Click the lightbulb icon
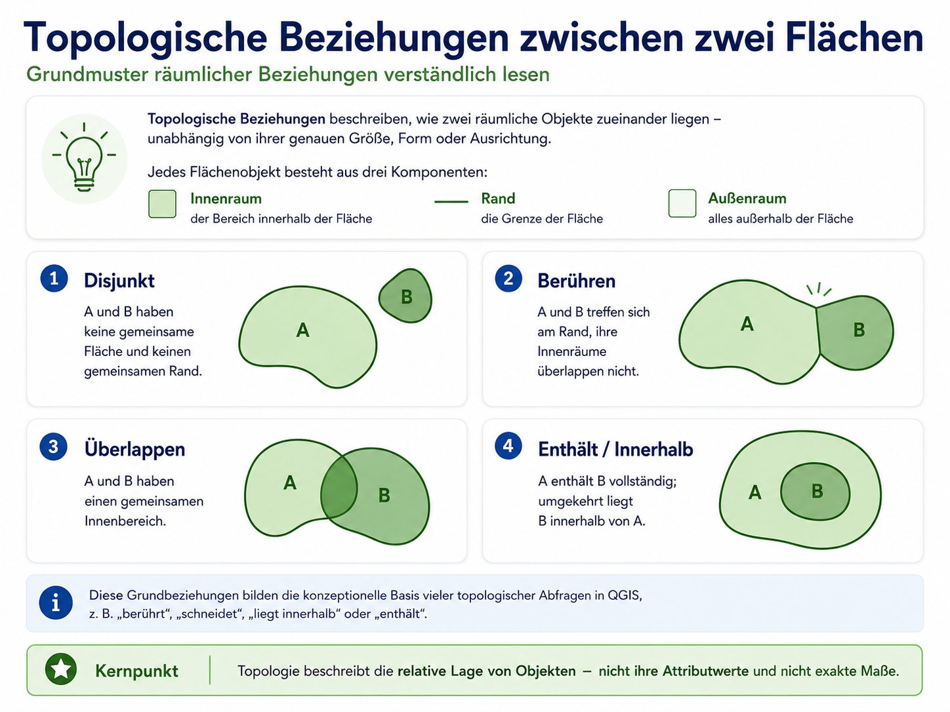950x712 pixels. click(84, 158)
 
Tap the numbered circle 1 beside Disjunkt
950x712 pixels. click(54, 279)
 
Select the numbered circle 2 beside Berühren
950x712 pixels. click(508, 279)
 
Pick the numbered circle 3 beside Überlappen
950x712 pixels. click(54, 446)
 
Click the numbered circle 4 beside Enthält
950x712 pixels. click(508, 446)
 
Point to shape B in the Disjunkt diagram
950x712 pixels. click(405, 296)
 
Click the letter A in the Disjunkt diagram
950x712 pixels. click(302, 330)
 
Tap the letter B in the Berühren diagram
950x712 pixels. click(859, 330)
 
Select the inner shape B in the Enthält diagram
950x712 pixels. click(815, 492)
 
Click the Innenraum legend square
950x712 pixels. click(162, 204)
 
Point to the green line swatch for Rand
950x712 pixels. click(451, 201)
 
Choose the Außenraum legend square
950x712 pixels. click(682, 203)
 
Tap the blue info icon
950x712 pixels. click(56, 603)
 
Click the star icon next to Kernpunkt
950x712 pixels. click(61, 669)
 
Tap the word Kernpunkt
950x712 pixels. click(136, 671)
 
